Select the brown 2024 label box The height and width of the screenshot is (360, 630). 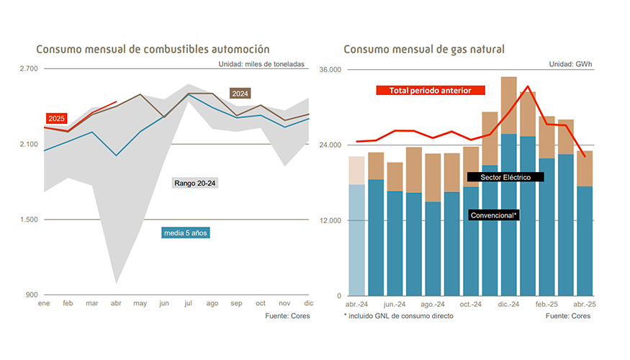point(240,94)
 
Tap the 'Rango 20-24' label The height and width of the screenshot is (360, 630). point(195,184)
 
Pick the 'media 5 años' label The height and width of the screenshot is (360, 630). point(186,233)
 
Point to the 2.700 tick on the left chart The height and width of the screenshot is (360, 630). point(29,69)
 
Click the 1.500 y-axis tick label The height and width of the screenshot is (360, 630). point(29,220)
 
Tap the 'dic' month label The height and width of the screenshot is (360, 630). point(309,304)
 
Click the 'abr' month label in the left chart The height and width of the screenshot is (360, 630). point(117,304)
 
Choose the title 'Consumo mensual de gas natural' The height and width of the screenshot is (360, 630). point(424,50)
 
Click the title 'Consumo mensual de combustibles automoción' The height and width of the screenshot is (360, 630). point(153,50)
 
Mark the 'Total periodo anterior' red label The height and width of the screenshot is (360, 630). point(431,91)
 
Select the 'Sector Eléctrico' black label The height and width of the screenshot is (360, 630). point(505,177)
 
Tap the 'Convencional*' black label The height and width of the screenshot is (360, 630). point(494,215)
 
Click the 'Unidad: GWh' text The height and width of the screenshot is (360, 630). point(571,64)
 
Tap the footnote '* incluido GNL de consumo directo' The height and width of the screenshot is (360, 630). point(399,316)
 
